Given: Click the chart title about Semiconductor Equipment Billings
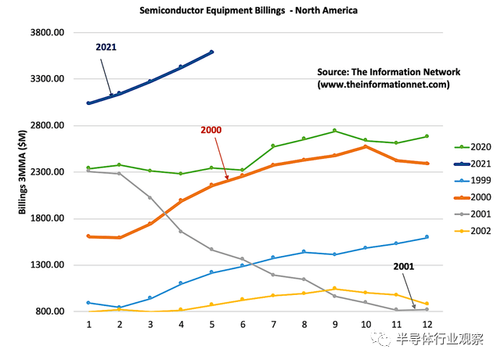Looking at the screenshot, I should click(x=248, y=12).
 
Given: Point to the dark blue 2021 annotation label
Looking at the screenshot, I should click(x=106, y=47).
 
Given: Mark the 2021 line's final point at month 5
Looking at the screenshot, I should click(x=211, y=52).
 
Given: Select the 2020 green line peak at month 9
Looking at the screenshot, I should click(x=334, y=131).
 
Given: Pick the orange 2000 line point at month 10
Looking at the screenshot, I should click(x=366, y=146).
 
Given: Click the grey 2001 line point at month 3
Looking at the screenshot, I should click(x=149, y=197).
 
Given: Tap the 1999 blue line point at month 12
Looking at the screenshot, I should click(x=427, y=237).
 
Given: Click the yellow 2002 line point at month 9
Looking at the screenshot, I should click(x=334, y=289).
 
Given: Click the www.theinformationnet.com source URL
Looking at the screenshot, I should click(x=384, y=84).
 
